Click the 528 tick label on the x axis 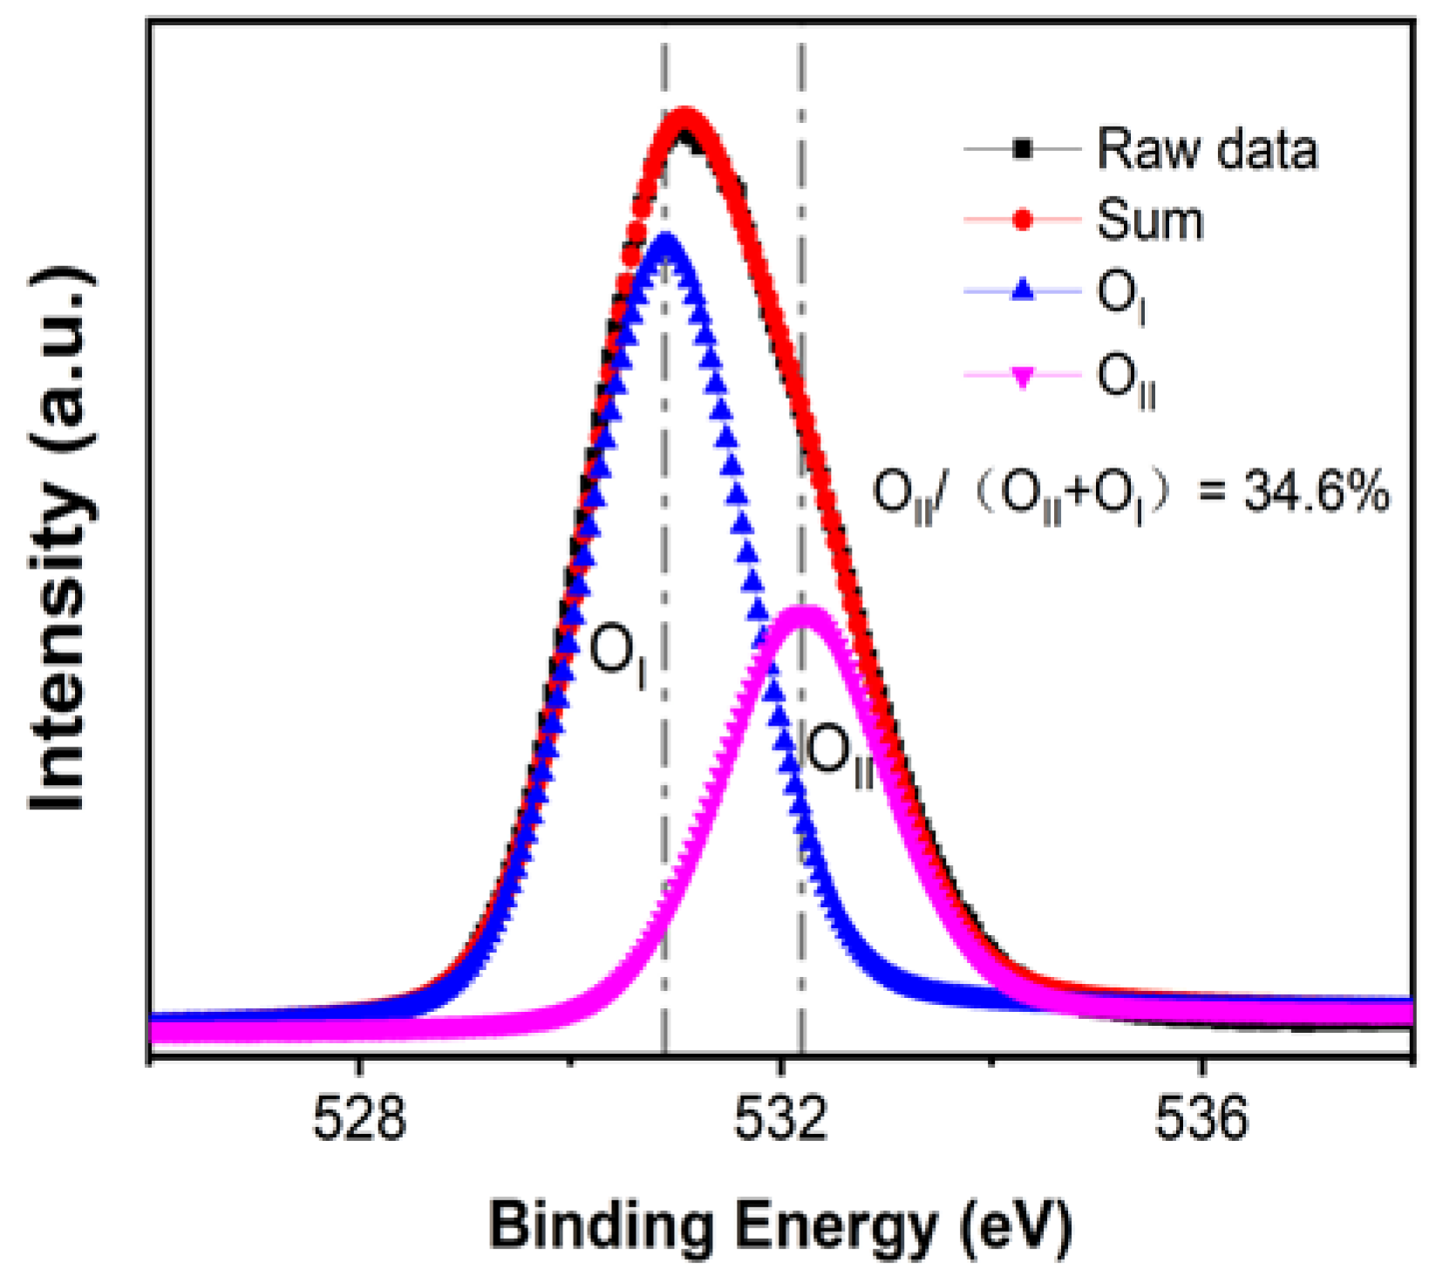pyautogui.click(x=359, y=1119)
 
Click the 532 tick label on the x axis pyautogui.click(x=780, y=1119)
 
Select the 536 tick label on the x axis pyautogui.click(x=1201, y=1119)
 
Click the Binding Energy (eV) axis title pyautogui.click(x=780, y=1226)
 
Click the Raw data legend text pyautogui.click(x=1207, y=149)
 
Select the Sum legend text pyautogui.click(x=1150, y=220)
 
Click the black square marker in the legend pyautogui.click(x=1024, y=149)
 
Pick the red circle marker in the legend pyautogui.click(x=1024, y=220)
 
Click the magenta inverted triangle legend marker pyautogui.click(x=1024, y=377)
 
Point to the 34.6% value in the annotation pyautogui.click(x=1316, y=493)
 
